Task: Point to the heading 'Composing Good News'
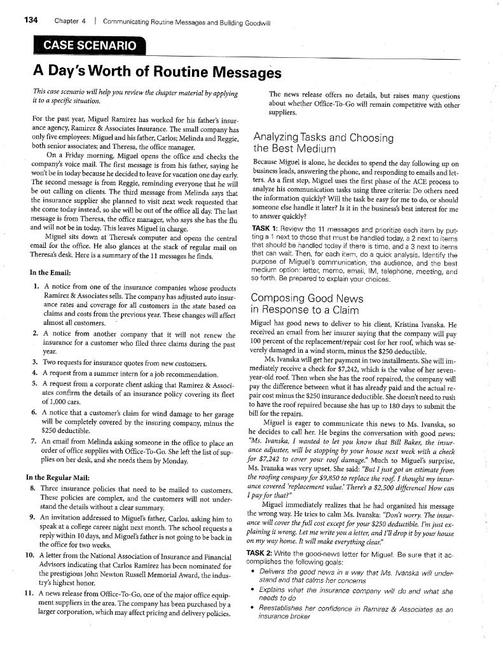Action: coord(307,298)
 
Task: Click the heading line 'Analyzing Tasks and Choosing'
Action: coord(323,137)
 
